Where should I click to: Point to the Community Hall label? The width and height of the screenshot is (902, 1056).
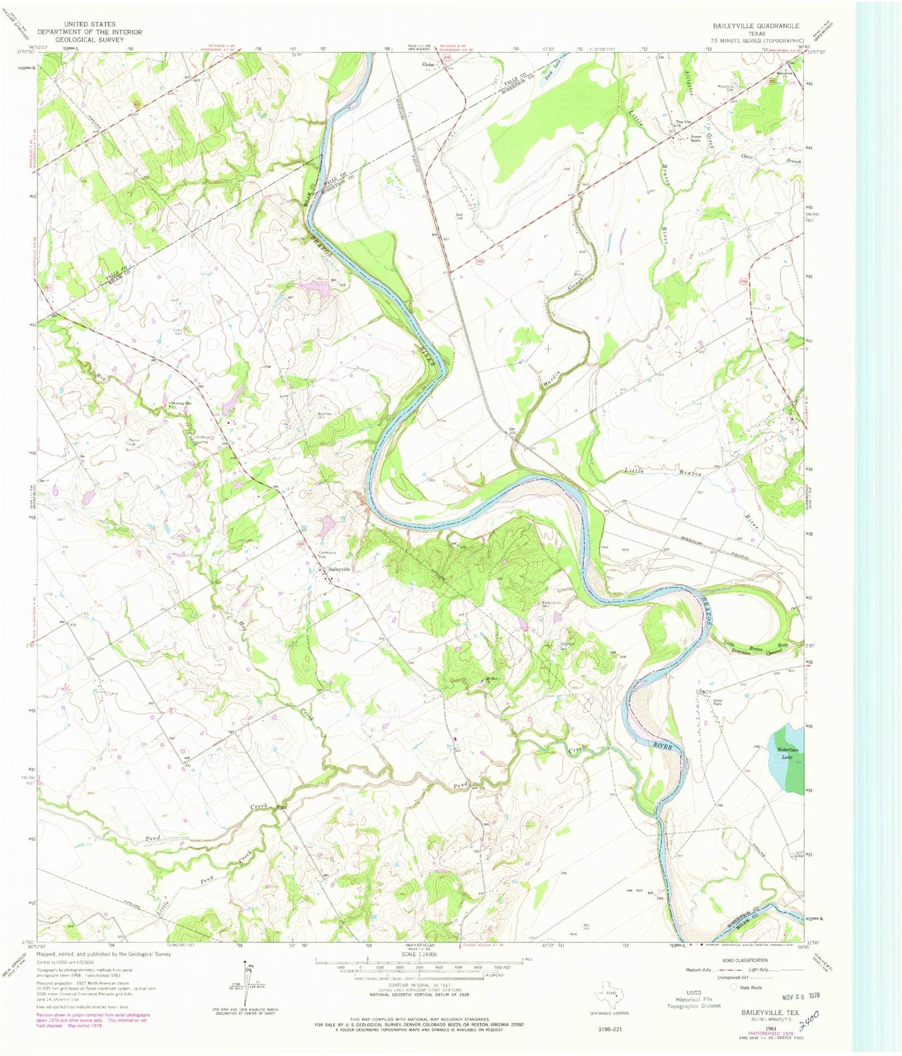point(327,555)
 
